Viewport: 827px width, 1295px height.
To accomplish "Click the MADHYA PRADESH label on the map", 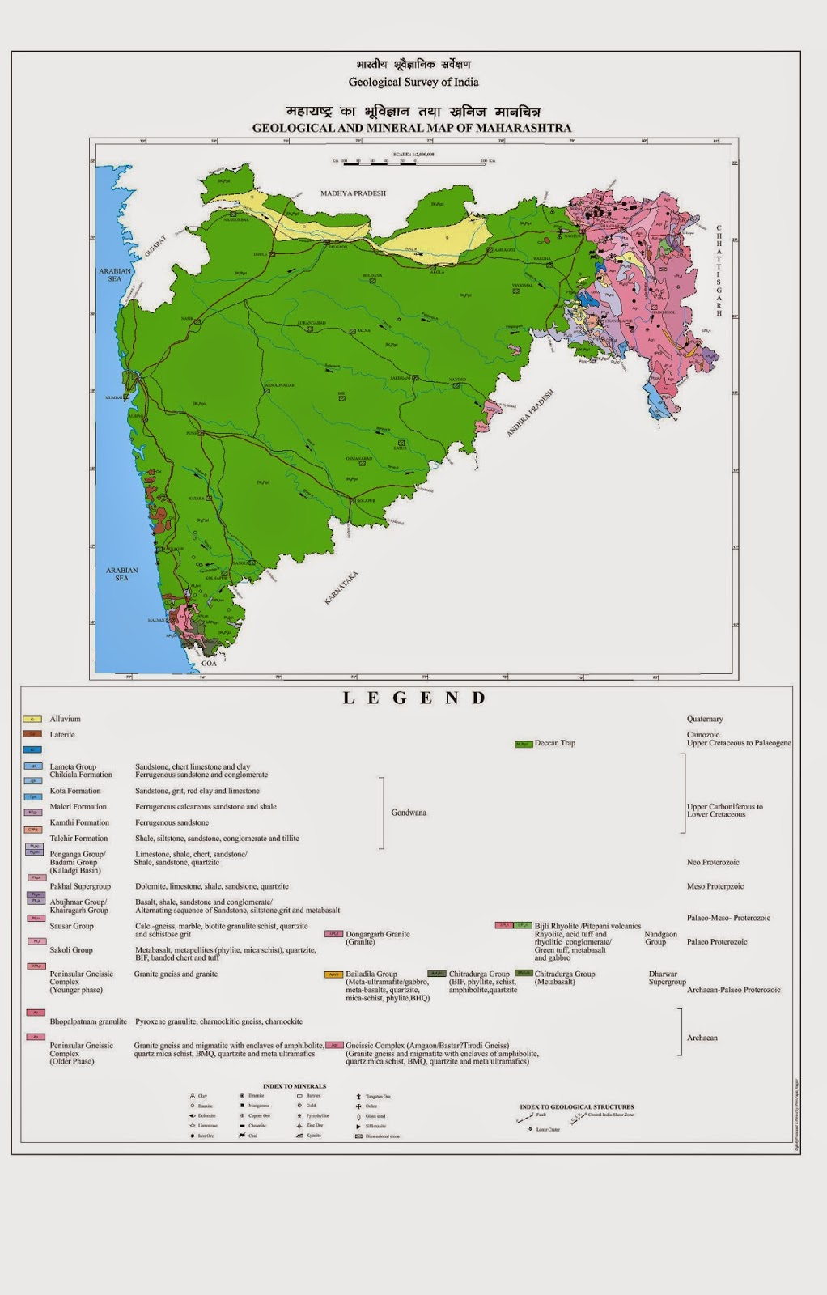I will point(353,193).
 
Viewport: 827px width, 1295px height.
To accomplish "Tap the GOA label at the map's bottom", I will point(209,663).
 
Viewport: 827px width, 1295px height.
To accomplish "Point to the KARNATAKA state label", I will point(341,588).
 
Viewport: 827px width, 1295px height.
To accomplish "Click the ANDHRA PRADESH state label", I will point(531,413).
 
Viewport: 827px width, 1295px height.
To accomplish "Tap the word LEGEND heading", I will point(413,698).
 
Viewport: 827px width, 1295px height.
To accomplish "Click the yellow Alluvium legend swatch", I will point(32,719).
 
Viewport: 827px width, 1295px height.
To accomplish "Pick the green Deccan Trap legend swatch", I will point(524,743).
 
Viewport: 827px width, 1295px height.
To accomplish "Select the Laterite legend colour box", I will point(32,734).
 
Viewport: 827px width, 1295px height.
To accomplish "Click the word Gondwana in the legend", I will point(409,812).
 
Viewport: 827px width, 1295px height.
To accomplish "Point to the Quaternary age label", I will point(705,719).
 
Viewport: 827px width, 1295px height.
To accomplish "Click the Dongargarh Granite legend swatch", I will point(334,934).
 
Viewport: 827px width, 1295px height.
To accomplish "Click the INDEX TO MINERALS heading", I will point(294,1085).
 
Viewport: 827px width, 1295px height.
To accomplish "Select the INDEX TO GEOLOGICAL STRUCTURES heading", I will point(576,1106).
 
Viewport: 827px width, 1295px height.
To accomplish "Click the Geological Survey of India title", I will point(413,82).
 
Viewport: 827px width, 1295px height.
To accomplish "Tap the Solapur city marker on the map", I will point(352,501).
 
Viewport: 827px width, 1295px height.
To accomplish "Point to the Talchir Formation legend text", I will point(78,839).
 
